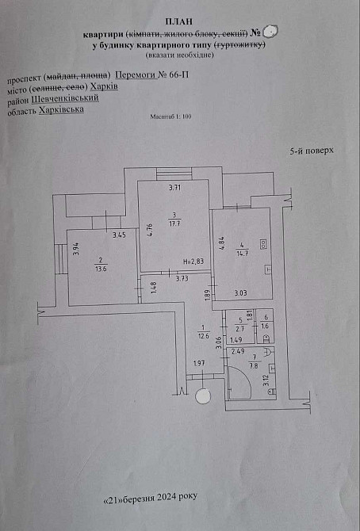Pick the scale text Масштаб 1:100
click(x=170, y=117)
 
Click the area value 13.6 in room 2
click(x=101, y=269)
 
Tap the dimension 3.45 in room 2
click(x=119, y=235)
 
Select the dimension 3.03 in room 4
click(x=240, y=294)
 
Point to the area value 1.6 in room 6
click(x=265, y=326)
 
